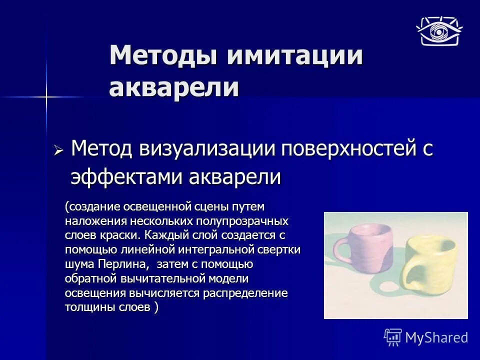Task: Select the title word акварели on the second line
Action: click(x=174, y=87)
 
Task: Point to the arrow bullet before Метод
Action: click(x=58, y=150)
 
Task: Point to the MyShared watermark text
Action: click(x=436, y=337)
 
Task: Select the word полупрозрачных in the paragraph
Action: click(x=252, y=220)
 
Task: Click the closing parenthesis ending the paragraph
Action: click(x=156, y=307)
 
